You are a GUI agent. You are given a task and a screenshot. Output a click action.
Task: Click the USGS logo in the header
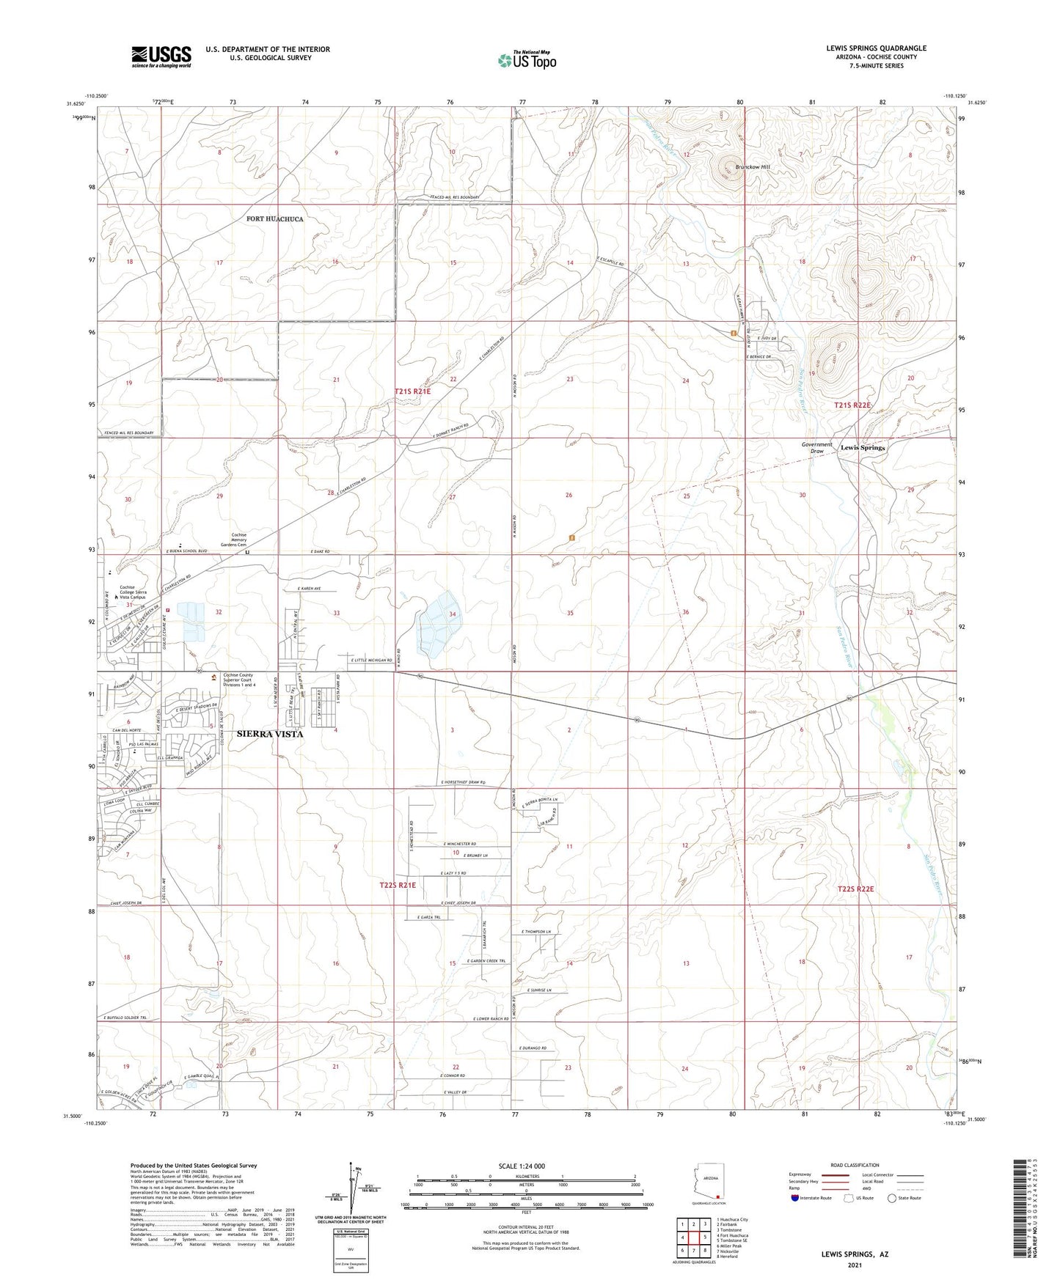[x=161, y=56]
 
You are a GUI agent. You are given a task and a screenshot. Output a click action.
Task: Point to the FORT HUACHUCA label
[x=274, y=219]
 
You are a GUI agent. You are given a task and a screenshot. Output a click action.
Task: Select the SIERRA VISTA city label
[x=269, y=734]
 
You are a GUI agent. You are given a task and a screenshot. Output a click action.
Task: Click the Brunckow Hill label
[x=746, y=168]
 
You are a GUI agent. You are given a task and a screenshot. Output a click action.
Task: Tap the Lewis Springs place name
[x=862, y=447]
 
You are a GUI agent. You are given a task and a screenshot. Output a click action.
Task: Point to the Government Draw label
[x=816, y=448]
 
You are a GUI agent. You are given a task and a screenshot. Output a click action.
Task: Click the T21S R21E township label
[x=413, y=392]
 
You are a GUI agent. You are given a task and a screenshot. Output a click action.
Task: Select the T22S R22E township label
[x=855, y=889]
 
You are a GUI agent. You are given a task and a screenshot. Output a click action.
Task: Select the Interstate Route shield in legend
[x=796, y=1198]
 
